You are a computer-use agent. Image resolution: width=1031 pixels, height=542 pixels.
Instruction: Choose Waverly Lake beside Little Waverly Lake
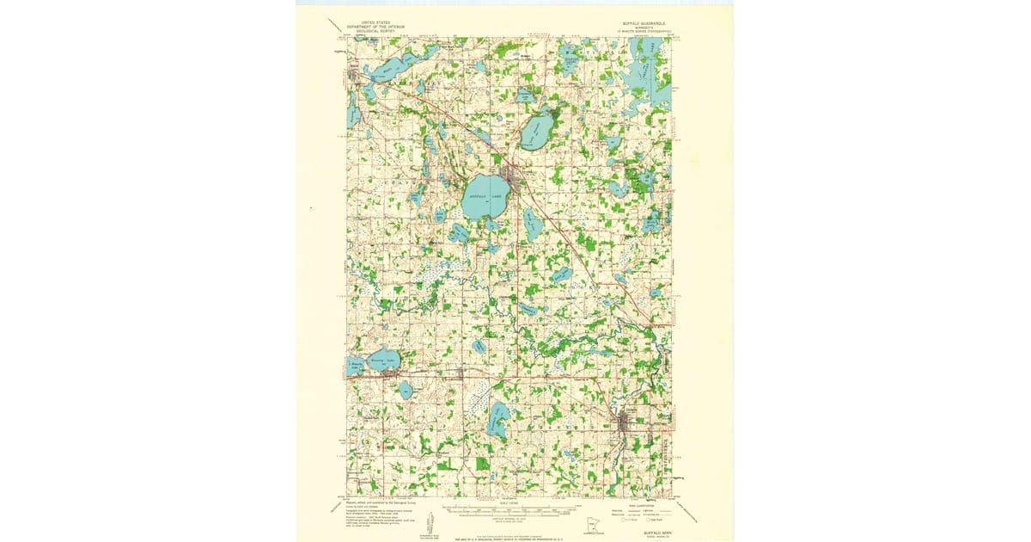[x=383, y=360]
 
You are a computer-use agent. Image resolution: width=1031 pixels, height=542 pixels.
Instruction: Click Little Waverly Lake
[x=354, y=365]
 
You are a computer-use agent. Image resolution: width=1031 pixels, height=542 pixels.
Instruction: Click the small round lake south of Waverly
[x=406, y=391]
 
